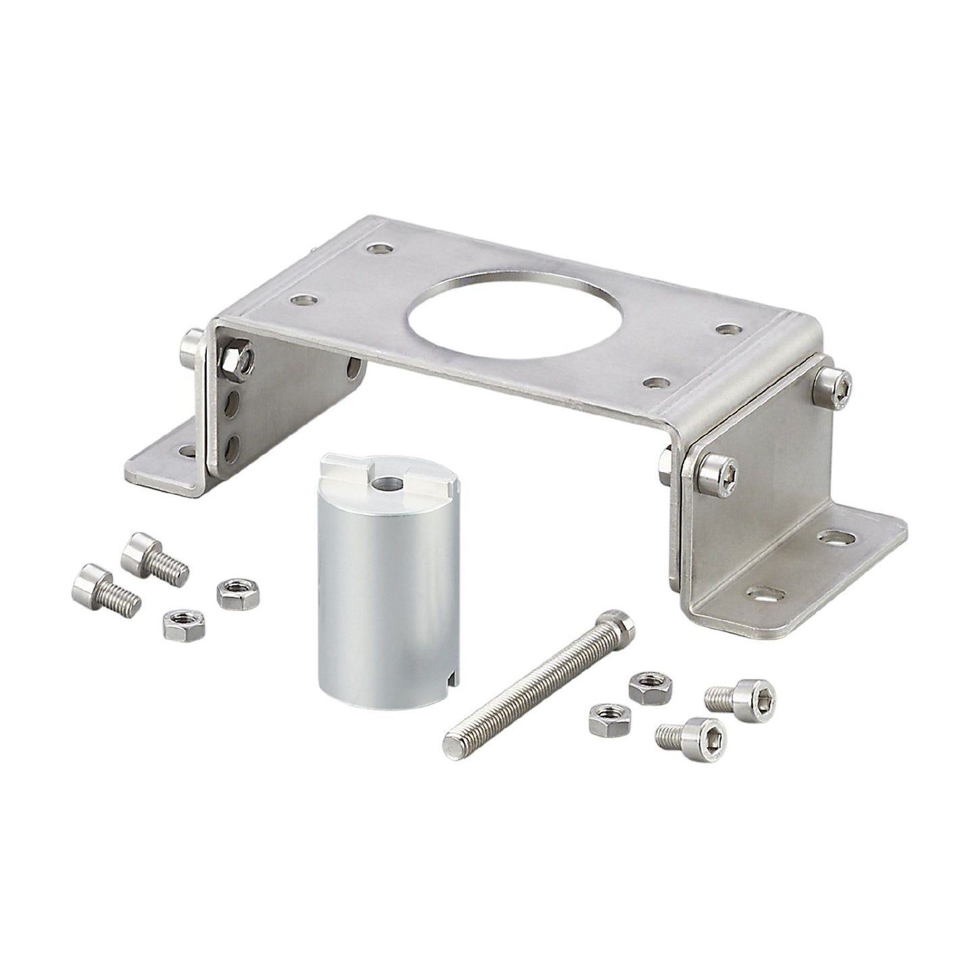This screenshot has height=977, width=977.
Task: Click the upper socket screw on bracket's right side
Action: tap(833, 388)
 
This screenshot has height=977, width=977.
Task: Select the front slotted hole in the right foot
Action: tap(765, 594)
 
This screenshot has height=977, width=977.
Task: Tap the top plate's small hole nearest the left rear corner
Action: tap(379, 249)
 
